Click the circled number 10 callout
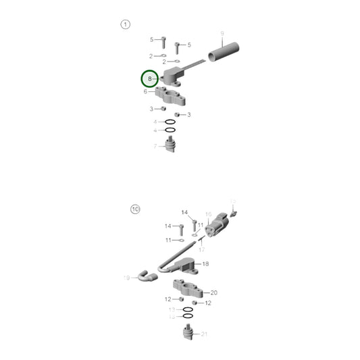[135, 209]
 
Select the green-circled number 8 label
[149, 79]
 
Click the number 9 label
[222, 33]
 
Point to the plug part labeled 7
[172, 145]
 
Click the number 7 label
[155, 145]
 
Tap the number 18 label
[205, 263]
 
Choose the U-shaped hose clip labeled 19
[145, 275]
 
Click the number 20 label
[213, 292]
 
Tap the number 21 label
[204, 334]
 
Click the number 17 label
[201, 249]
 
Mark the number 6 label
[145, 91]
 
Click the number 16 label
[209, 213]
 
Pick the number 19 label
[126, 278]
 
